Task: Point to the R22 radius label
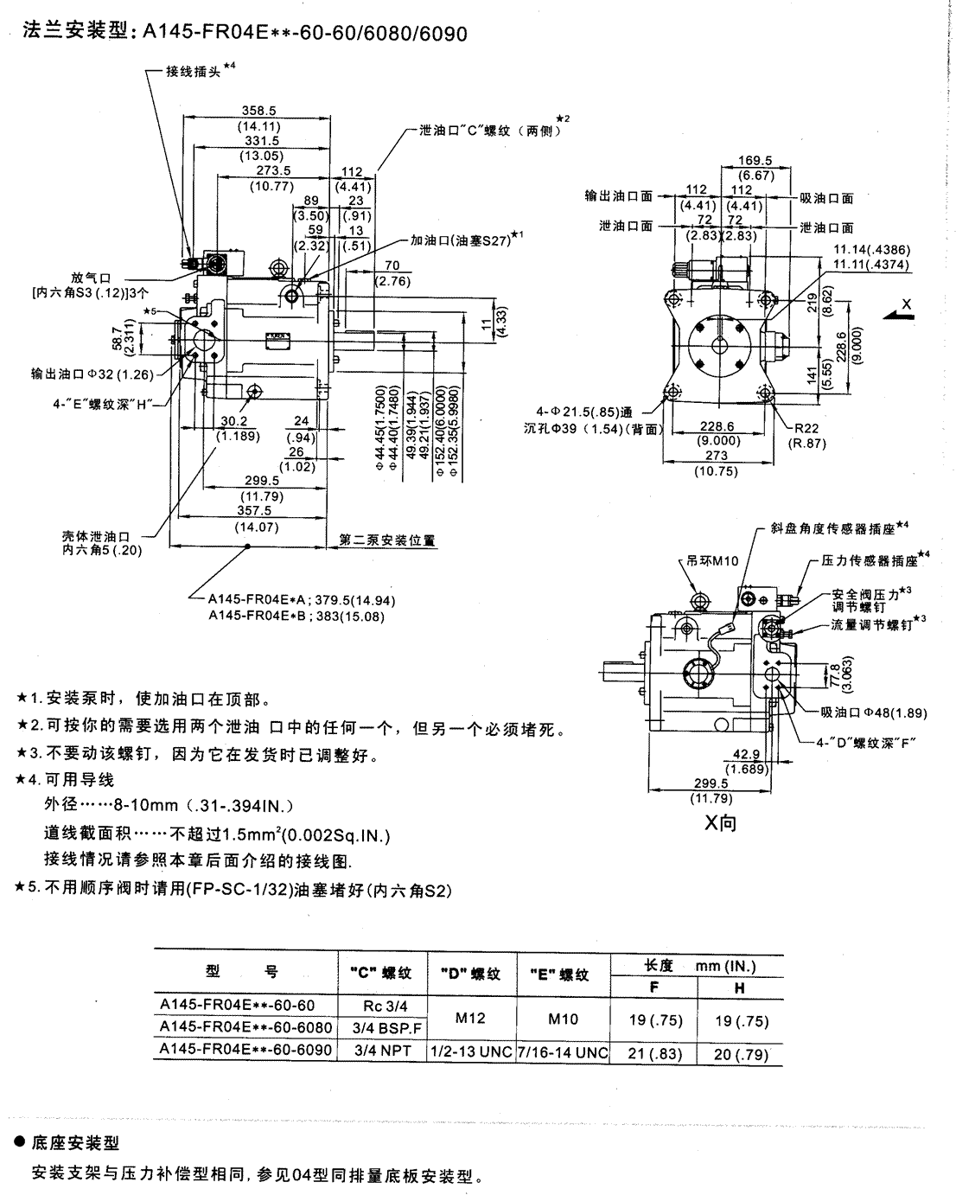click(x=807, y=428)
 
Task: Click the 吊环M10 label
click(x=710, y=560)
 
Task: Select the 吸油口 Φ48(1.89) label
click(x=874, y=713)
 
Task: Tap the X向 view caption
click(x=720, y=822)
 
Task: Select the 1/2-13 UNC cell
click(x=471, y=1050)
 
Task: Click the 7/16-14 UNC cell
click(x=563, y=1050)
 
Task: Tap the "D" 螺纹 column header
click(x=471, y=974)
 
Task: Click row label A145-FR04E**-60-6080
click(x=245, y=1026)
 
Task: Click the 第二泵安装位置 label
click(x=387, y=540)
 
